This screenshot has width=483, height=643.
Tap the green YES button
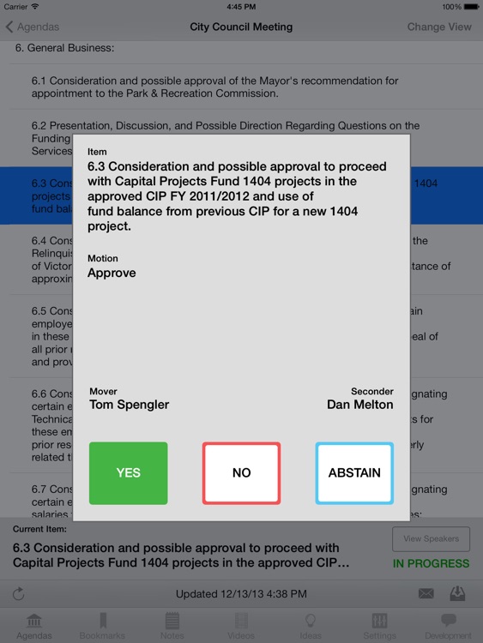pos(128,473)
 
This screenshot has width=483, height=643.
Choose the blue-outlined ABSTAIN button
pos(354,473)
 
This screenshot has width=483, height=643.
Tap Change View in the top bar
pos(439,27)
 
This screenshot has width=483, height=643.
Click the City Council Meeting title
pos(241,27)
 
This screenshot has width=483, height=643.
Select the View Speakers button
pos(431,539)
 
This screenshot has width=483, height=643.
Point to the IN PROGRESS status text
pos(431,564)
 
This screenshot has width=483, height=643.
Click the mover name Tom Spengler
pos(129,405)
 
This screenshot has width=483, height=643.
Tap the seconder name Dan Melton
pos(359,405)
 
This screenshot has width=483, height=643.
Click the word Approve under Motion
pos(112,273)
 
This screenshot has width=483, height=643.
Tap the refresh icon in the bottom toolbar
pos(19,593)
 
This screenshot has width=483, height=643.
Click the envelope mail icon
pos(426,593)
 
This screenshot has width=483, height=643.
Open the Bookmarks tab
pos(102,625)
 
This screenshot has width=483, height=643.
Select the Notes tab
pos(172,625)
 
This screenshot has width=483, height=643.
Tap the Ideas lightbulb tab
pos(311,625)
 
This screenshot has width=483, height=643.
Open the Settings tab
pos(379,625)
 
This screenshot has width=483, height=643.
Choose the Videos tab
pos(241,625)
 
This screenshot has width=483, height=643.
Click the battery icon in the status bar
pos(467,6)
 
